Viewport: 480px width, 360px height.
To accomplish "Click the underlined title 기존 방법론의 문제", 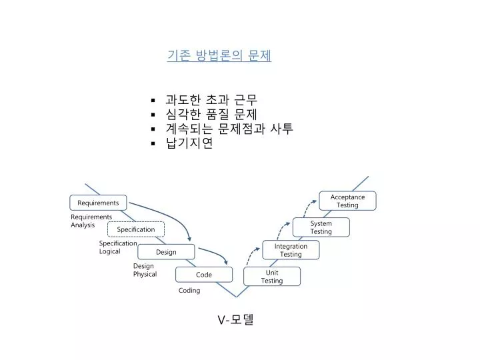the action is tap(219, 55).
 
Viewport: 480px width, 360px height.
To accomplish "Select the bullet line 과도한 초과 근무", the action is tap(211, 100).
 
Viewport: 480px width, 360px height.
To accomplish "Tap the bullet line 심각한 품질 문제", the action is tap(211, 114).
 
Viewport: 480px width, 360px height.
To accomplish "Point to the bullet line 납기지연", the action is tap(189, 143).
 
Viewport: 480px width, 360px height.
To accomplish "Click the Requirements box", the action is tap(98, 203).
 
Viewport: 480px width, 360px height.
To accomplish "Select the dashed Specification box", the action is tap(136, 229).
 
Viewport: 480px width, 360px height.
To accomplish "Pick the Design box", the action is tap(166, 252).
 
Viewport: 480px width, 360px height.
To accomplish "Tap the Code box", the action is tap(204, 275).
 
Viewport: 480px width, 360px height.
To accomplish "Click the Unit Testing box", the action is tap(272, 277).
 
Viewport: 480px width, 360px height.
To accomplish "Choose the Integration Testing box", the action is tap(291, 250).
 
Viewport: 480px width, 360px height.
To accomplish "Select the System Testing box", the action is tap(321, 227).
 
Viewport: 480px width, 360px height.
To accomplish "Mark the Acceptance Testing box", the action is tap(347, 201).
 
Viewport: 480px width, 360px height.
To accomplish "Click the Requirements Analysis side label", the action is tap(91, 221).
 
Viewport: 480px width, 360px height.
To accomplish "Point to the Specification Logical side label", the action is tap(118, 247).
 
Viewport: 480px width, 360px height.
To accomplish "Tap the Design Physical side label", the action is tap(145, 270).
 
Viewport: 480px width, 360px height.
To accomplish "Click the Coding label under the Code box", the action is tap(189, 290).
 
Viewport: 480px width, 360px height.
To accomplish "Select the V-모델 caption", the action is tap(235, 319).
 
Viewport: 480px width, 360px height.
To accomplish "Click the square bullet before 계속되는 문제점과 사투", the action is tap(153, 129).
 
